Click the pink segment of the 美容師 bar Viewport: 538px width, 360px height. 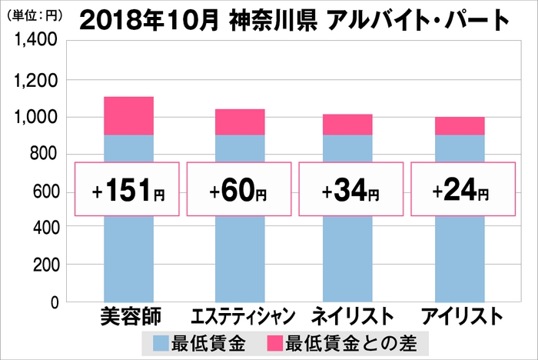coord(128,115)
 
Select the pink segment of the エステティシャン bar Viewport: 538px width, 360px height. coord(239,122)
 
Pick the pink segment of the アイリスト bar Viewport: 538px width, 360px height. coord(460,126)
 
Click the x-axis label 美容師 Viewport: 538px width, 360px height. coord(127,315)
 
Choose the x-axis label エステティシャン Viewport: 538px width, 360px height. coord(239,315)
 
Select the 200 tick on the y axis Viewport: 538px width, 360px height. coord(44,265)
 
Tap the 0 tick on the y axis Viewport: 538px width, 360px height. coord(55,302)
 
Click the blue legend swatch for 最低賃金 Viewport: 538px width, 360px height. coord(161,341)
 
